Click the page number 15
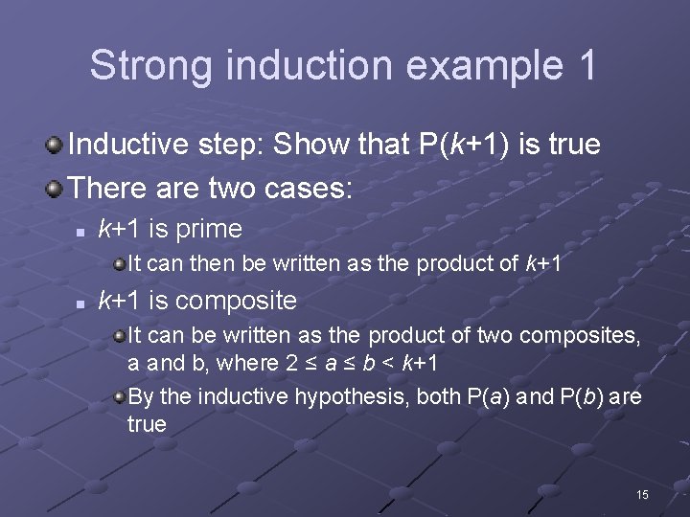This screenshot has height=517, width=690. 642,494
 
